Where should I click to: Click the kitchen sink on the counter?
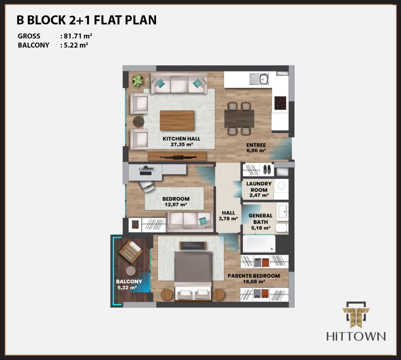[259, 79]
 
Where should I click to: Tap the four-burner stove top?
[280, 103]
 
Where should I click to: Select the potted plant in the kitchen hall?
[138, 81]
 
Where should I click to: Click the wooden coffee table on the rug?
[177, 121]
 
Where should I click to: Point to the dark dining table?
[239, 119]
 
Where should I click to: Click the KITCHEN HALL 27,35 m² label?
[181, 142]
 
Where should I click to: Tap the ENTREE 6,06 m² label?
[256, 148]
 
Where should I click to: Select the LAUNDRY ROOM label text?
[259, 187]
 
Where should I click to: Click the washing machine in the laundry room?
[281, 186]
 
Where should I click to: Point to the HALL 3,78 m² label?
[228, 216]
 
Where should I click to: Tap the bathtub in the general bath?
[259, 243]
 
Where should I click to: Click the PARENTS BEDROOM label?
[254, 276]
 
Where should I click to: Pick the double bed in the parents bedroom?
[193, 276]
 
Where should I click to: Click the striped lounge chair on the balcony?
[131, 252]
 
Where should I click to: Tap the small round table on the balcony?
[131, 271]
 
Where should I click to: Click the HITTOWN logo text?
[356, 336]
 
